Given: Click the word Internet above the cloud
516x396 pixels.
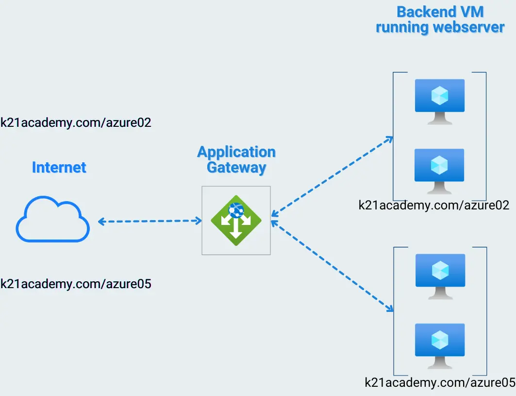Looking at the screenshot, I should (59, 167).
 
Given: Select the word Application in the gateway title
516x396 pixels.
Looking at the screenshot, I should (236, 152).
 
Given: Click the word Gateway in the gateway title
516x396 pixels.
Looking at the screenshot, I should (236, 168).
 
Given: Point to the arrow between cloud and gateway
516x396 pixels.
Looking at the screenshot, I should (150, 221).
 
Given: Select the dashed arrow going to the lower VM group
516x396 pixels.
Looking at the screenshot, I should (332, 266).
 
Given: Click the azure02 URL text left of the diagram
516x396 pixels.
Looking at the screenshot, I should (76, 122).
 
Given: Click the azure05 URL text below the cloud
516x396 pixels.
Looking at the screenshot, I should (76, 284).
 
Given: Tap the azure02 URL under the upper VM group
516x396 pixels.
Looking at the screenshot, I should (433, 206).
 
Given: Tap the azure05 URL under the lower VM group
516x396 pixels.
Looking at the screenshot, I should (440, 382).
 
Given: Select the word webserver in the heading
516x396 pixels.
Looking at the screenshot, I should (469, 27).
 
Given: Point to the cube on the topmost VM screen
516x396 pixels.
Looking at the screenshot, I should (440, 95).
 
